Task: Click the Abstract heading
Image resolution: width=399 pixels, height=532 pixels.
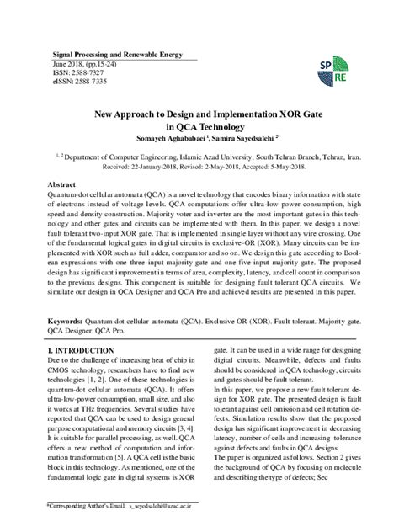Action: coord(63,184)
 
